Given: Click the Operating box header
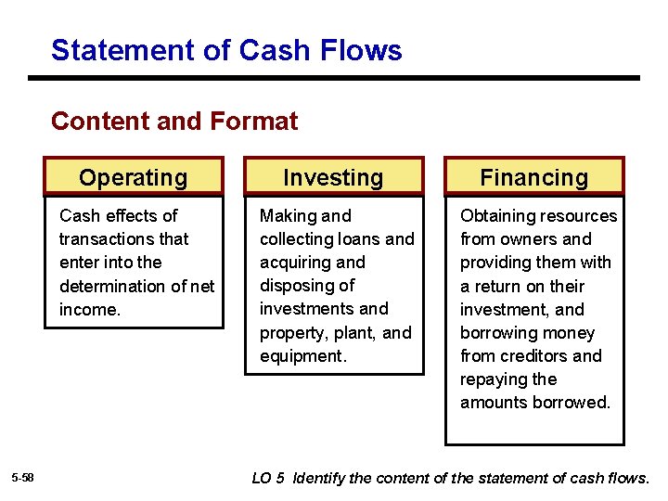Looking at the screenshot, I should [x=134, y=177].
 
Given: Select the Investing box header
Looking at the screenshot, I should [x=333, y=177].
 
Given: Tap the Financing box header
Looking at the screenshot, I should [x=533, y=177].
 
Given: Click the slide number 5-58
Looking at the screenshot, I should [x=23, y=478].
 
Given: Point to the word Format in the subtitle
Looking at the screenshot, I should [x=254, y=122].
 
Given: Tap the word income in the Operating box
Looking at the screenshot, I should [x=88, y=309].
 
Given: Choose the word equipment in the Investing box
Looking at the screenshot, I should [x=302, y=355].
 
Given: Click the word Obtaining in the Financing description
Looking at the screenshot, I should [x=498, y=216].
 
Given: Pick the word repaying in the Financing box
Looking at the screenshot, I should [x=494, y=379].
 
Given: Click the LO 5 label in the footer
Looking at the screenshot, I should [x=269, y=478].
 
